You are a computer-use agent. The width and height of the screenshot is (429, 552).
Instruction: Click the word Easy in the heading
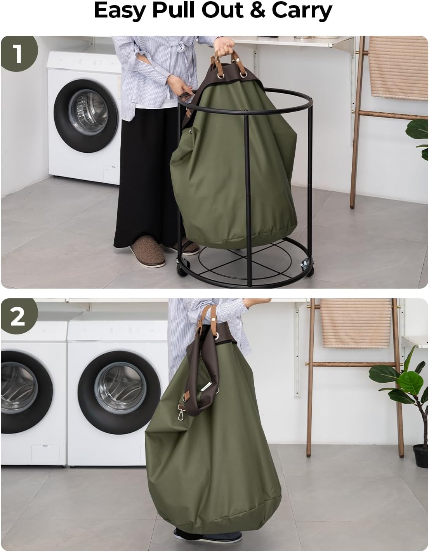coord(120,11)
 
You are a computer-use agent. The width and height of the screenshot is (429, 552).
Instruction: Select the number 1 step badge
coord(18,54)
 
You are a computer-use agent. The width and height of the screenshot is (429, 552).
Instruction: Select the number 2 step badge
coord(18,317)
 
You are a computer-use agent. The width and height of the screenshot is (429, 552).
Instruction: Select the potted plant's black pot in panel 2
coord(420,456)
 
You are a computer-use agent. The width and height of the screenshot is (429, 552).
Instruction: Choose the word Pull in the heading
coord(174,11)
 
